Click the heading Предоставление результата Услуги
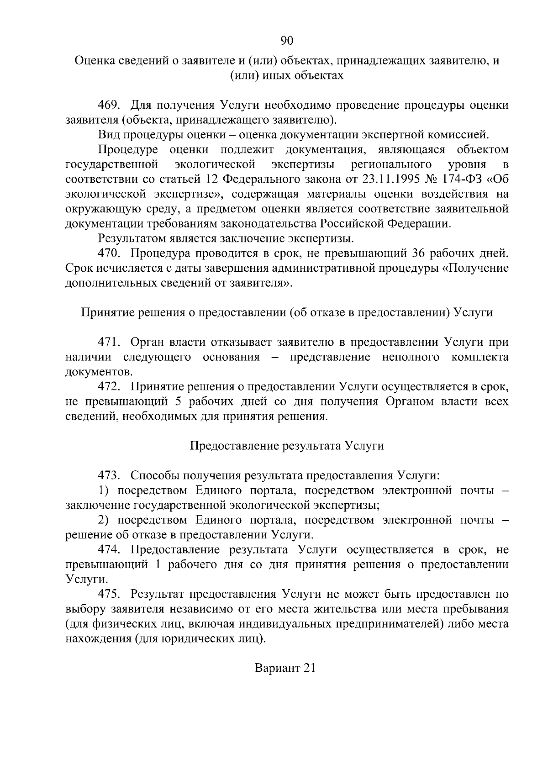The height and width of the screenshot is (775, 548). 286,446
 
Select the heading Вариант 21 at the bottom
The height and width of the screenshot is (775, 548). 285,668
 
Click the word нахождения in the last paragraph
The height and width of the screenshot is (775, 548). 98,638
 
